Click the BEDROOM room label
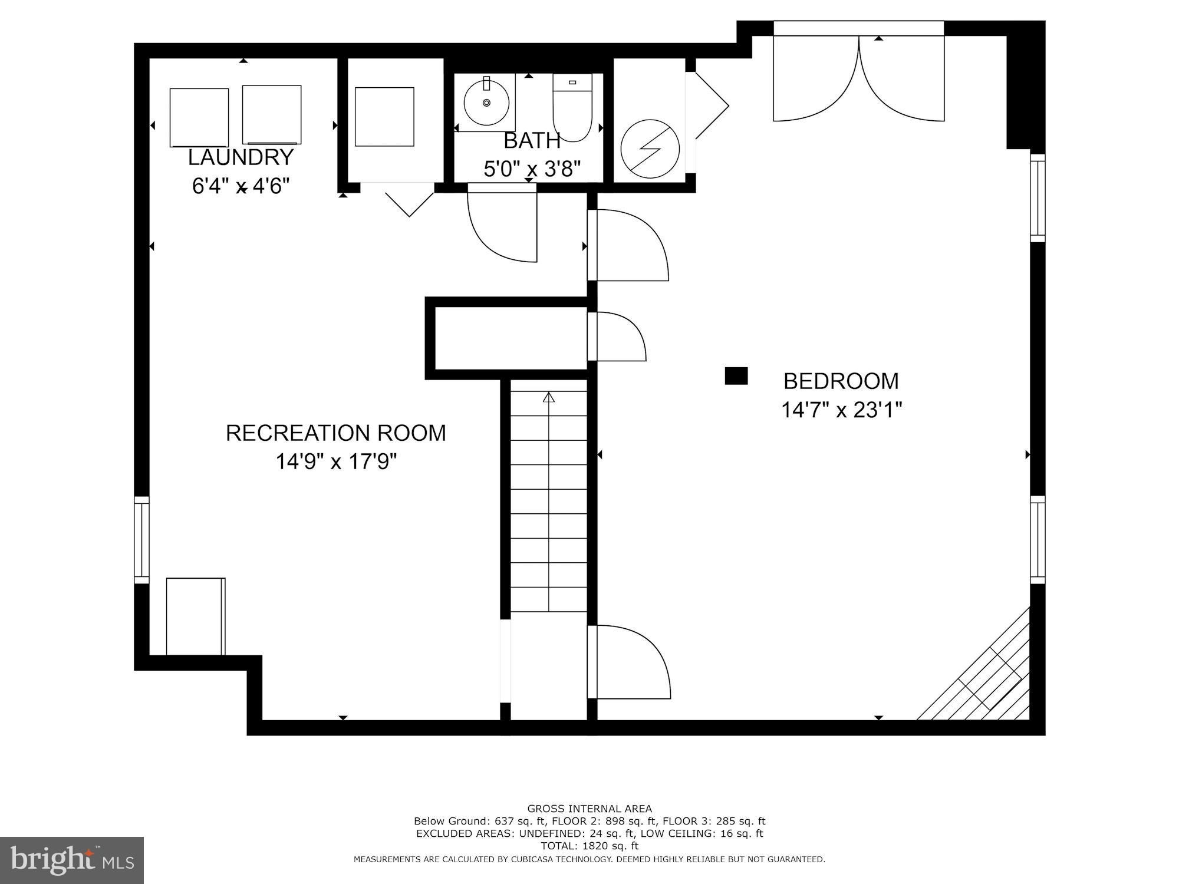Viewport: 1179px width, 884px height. pyautogui.click(x=841, y=381)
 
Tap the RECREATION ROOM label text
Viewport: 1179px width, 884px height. pyautogui.click(x=335, y=433)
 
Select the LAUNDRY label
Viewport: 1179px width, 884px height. pyautogui.click(x=241, y=158)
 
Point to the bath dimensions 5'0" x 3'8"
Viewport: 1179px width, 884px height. pyautogui.click(x=532, y=170)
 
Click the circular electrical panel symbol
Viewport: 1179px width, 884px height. pyautogui.click(x=650, y=149)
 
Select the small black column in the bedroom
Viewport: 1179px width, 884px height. pyautogui.click(x=736, y=376)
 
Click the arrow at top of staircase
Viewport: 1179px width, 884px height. pyautogui.click(x=549, y=397)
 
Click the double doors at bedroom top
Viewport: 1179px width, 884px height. pyautogui.click(x=859, y=80)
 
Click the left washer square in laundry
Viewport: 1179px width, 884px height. pyautogui.click(x=199, y=117)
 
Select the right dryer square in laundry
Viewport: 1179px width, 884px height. pyautogui.click(x=272, y=114)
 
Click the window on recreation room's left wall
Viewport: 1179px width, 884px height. pyautogui.click(x=141, y=539)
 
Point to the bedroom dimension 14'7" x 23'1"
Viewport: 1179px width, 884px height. pyautogui.click(x=841, y=410)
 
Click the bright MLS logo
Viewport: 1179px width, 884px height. pyautogui.click(x=72, y=860)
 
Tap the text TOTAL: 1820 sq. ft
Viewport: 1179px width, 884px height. pyautogui.click(x=589, y=846)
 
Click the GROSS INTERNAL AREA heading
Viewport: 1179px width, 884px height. pyautogui.click(x=589, y=809)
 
